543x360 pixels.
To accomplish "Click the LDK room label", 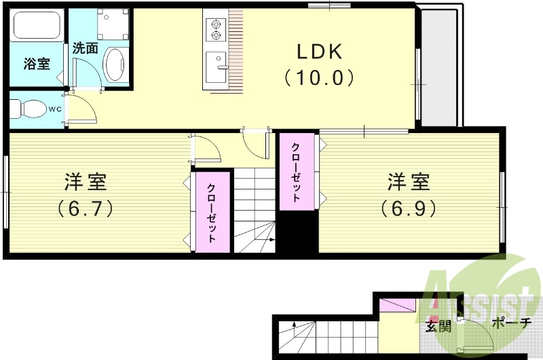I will click(319, 52).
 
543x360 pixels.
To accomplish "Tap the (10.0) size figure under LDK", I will click(319, 78).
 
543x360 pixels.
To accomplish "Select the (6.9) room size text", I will click(408, 207).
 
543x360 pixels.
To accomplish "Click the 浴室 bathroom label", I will click(37, 65).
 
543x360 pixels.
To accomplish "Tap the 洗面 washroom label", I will click(86, 49).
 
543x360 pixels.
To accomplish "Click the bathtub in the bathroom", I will click(38, 26).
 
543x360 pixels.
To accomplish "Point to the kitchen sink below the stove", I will click(217, 65).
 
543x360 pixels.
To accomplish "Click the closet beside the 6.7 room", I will click(212, 213).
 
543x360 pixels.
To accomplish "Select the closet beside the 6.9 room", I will click(297, 172).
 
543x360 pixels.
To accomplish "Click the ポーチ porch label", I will click(510, 324).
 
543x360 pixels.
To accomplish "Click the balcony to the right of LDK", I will click(439, 68).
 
